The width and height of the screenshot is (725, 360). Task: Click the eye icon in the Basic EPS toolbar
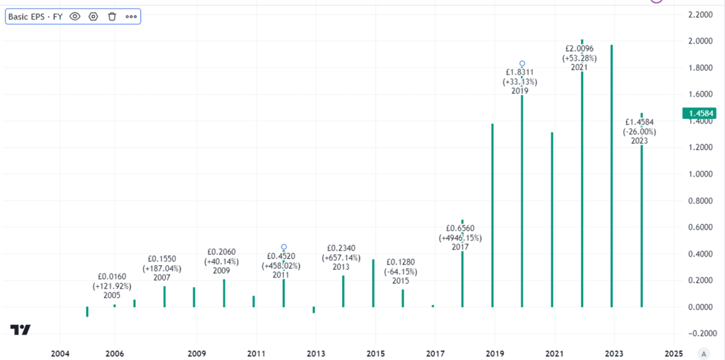pos(75,16)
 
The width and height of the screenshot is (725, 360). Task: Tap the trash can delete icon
pos(112,16)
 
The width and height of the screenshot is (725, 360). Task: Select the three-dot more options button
pos(131,16)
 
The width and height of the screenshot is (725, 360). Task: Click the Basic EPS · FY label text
pos(35,16)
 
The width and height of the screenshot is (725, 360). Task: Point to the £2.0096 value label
pos(579,48)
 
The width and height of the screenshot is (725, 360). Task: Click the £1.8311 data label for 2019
pos(520,72)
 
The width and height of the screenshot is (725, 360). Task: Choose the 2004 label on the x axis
pos(60,353)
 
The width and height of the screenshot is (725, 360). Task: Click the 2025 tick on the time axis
pos(674,353)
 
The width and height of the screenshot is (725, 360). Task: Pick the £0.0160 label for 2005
pos(112,276)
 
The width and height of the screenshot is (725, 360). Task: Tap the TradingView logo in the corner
pos(21,330)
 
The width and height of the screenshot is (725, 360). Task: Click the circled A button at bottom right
pos(703,353)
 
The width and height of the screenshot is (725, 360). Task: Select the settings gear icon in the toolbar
pos(93,16)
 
